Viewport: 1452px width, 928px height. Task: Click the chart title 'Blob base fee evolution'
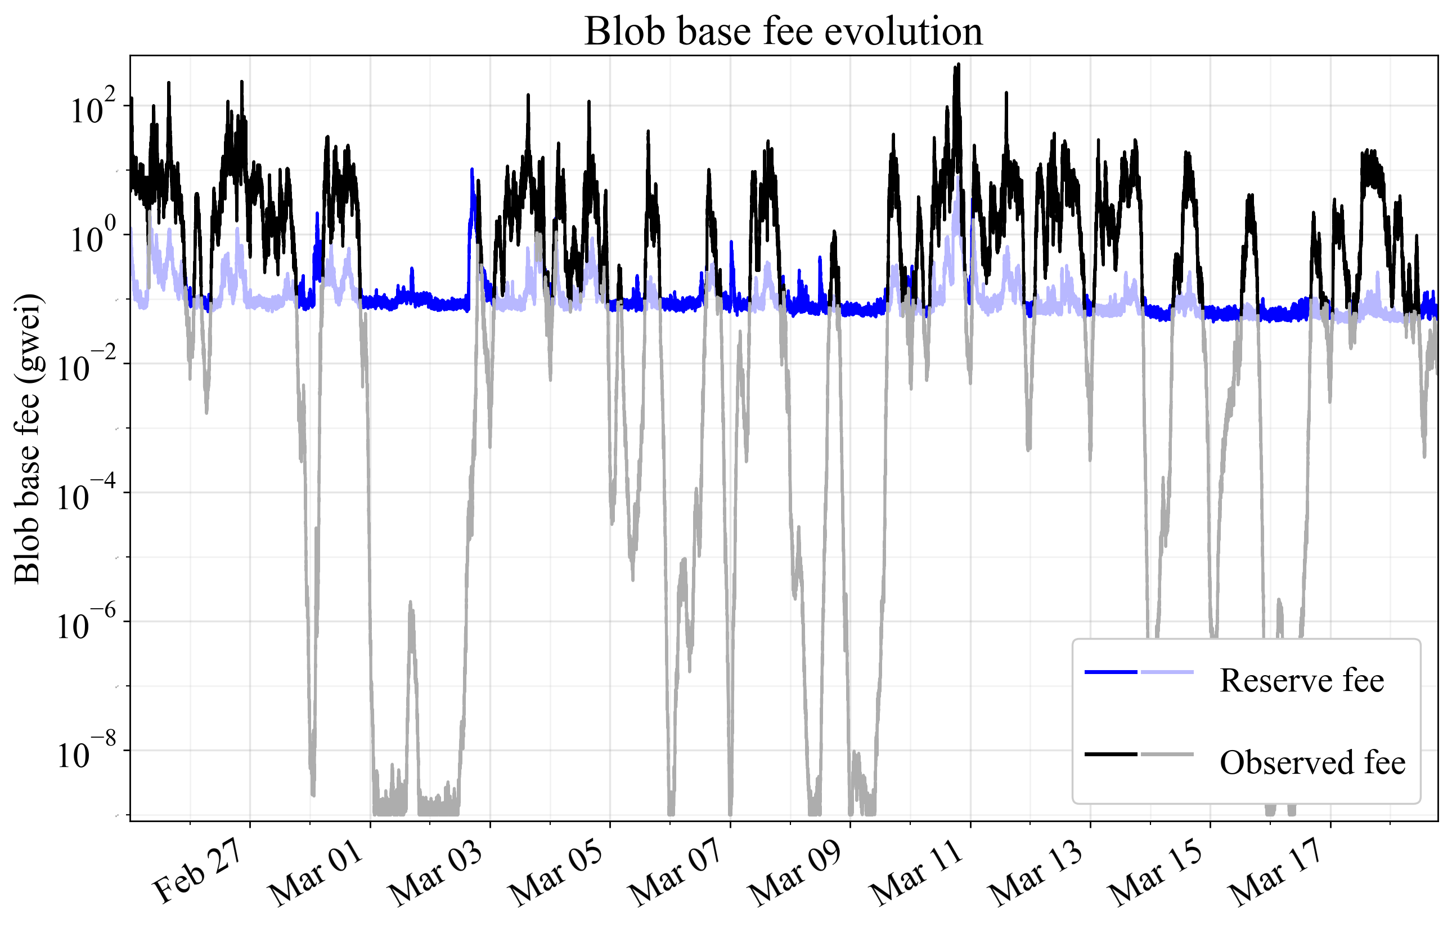coord(783,32)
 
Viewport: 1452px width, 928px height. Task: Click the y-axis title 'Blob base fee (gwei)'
coord(27,439)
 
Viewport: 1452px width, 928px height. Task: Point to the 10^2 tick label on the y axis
coord(92,109)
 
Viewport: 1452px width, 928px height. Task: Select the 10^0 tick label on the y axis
coord(92,238)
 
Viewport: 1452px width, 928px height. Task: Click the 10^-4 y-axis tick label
coord(84,497)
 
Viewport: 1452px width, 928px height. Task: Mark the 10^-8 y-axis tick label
coord(84,754)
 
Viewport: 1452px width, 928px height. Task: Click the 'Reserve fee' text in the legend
coord(1301,681)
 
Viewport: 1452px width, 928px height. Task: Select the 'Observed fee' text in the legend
coord(1312,762)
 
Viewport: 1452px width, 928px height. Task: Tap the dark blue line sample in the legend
coord(1110,672)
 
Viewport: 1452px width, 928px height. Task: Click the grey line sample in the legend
coord(1167,754)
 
